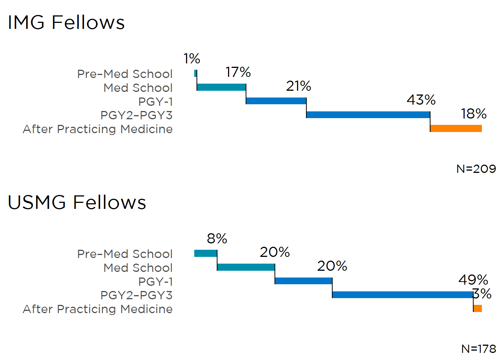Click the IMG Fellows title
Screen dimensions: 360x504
66,22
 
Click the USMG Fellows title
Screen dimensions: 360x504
76,202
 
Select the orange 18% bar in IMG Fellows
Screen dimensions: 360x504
456,129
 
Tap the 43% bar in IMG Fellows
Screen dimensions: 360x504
368,115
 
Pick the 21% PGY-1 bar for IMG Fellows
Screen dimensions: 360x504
276,101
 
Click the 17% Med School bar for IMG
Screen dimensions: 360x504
221,87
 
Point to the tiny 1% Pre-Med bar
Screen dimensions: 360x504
195,73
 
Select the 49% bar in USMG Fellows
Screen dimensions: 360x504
402,295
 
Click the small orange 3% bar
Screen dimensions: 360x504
477,309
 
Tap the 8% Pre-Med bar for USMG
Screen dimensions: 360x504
205,253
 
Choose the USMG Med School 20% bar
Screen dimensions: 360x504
246,267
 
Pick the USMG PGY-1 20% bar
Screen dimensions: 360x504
303,281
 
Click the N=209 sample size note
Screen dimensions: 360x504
476,169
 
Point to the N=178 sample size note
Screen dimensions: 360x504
478,349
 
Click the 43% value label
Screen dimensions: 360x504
421,100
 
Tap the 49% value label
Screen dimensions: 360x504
473,280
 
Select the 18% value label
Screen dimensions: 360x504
474,114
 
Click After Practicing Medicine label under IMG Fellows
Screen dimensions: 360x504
97,129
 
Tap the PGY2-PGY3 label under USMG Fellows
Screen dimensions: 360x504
136,295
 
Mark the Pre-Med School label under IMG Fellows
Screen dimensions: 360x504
125,74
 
